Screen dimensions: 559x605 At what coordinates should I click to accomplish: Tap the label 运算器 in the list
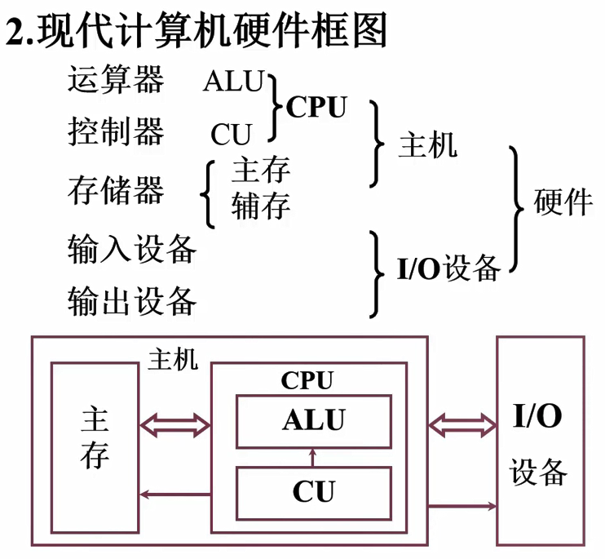116,82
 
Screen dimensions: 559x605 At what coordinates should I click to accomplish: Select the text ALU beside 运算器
234,82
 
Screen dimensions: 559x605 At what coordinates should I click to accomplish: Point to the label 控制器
116,131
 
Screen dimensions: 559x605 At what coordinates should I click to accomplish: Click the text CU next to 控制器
232,133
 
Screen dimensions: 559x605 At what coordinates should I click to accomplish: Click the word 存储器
116,191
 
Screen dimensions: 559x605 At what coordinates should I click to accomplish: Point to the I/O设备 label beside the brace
448,268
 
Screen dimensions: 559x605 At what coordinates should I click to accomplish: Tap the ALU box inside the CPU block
313,420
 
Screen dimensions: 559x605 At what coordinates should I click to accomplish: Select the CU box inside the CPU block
313,492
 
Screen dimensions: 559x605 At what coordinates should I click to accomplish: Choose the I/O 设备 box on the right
540,441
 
